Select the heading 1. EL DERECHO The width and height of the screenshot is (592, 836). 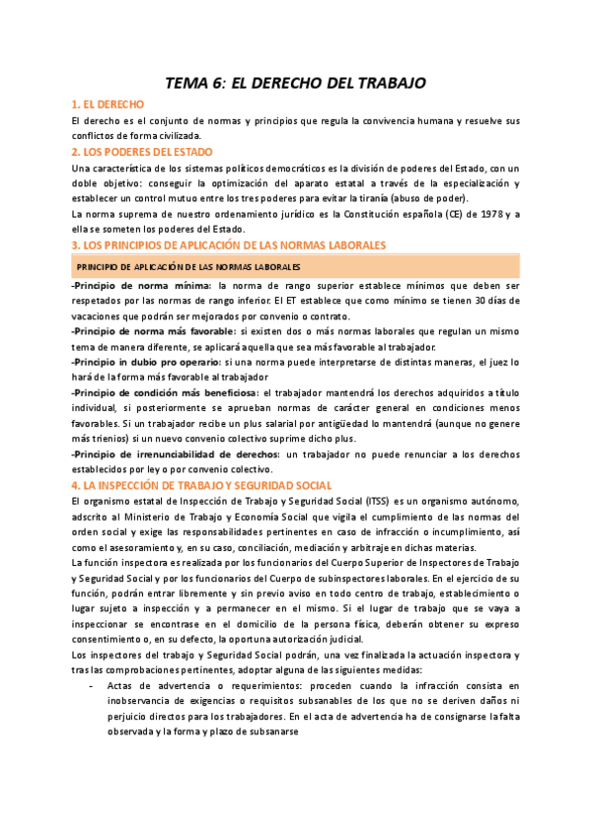coord(109,104)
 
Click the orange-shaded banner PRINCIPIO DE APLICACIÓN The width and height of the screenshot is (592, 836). coord(188,267)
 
